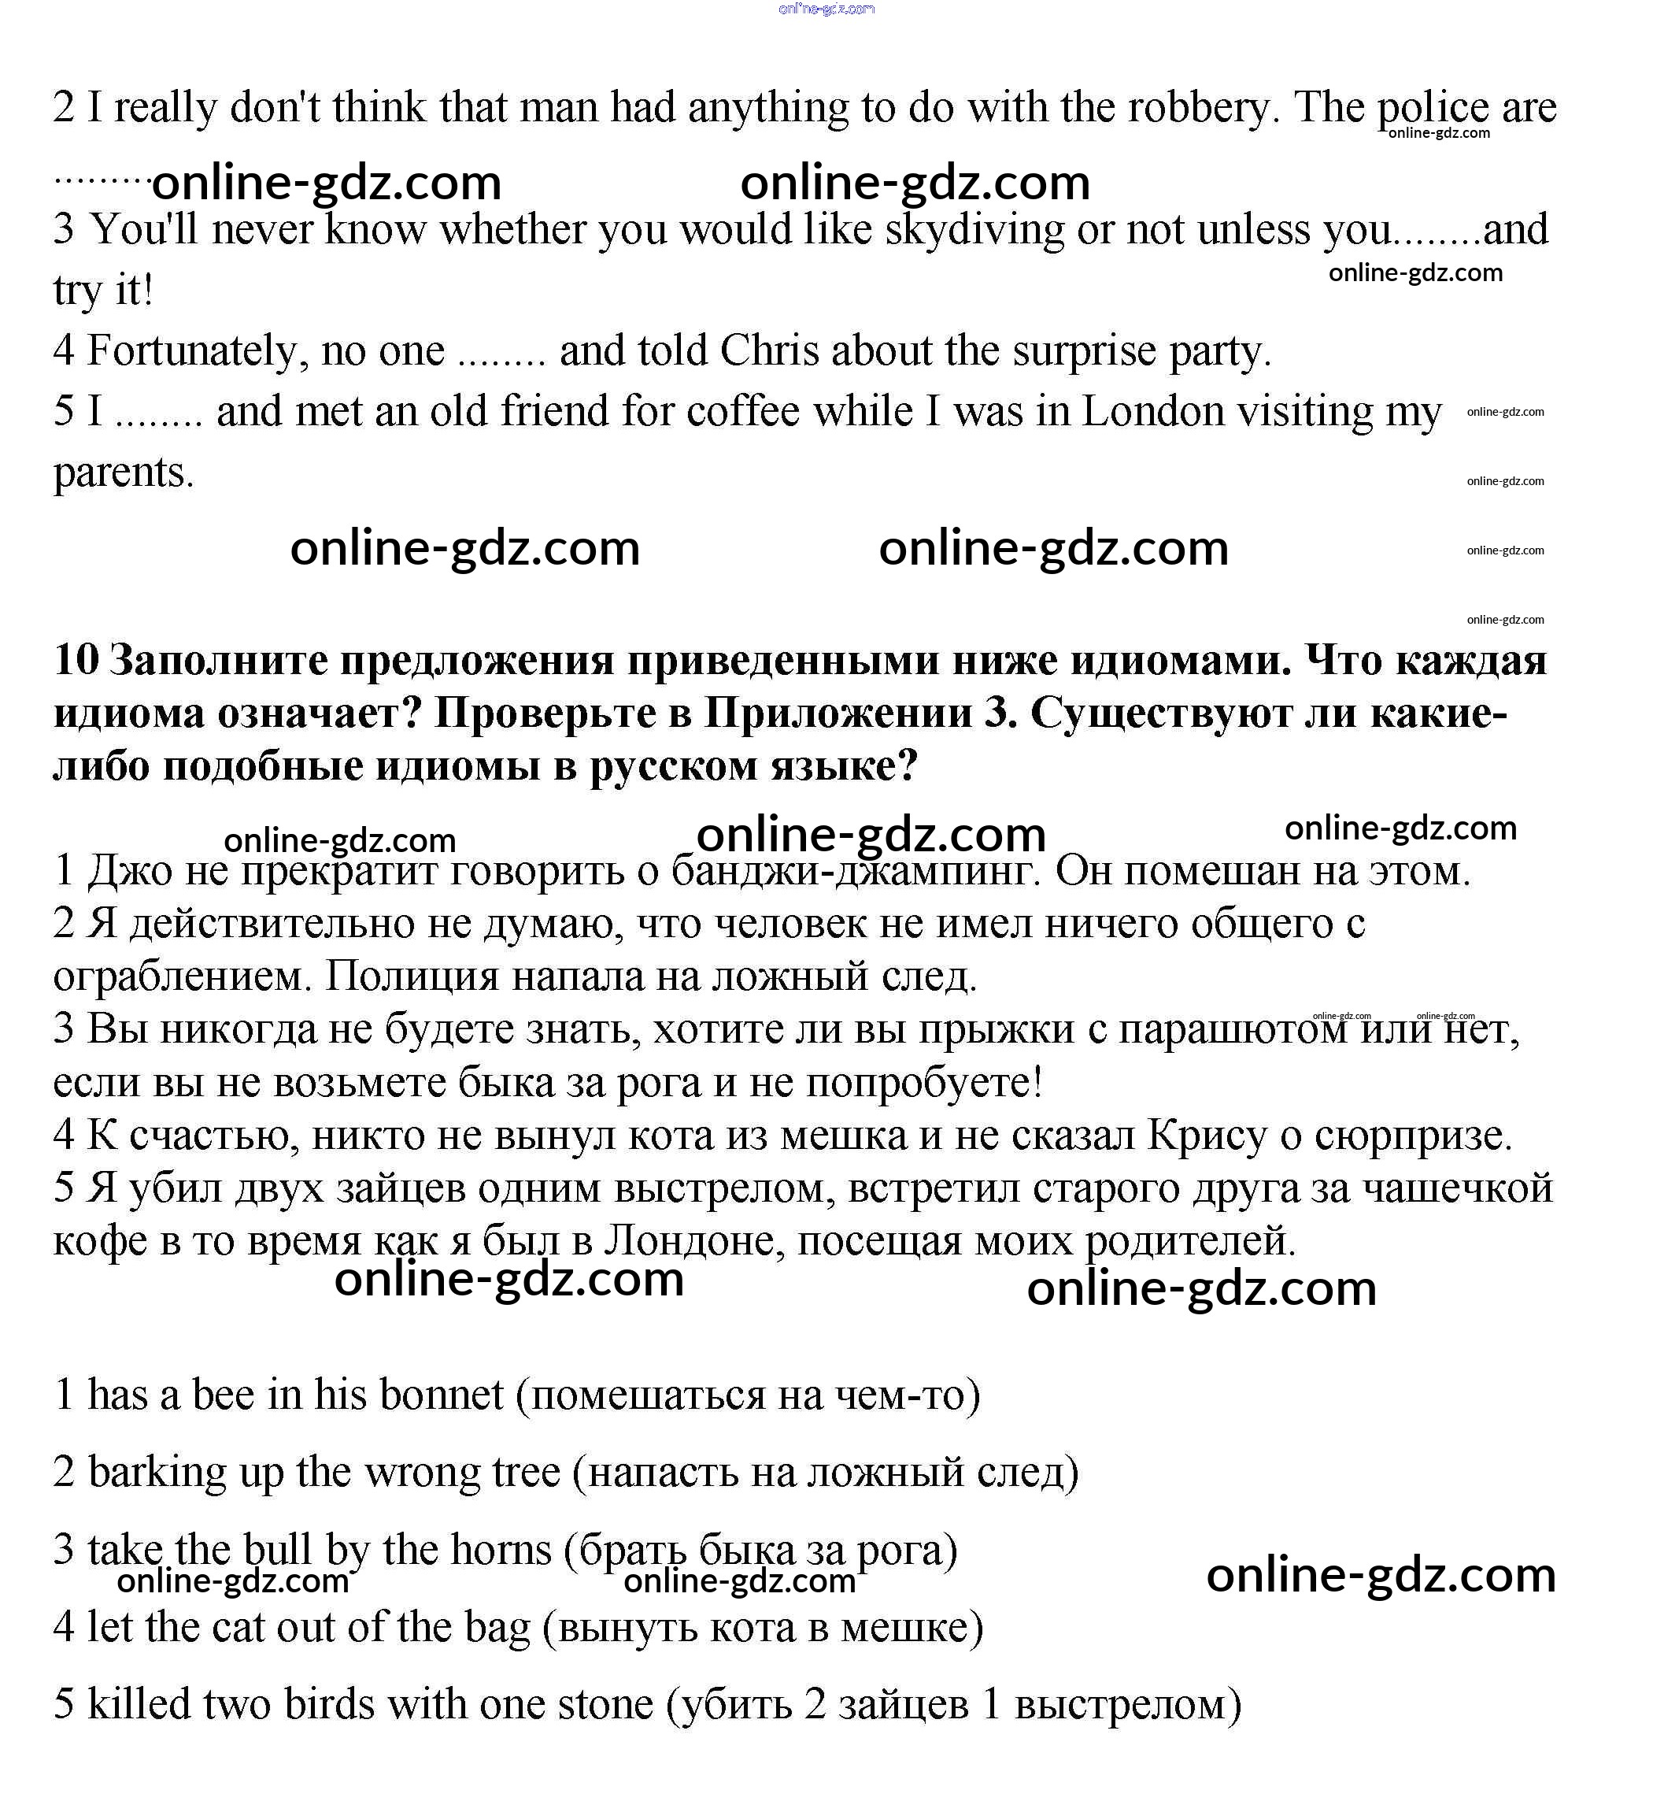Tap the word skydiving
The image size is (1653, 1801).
pos(974,230)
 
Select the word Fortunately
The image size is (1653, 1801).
pos(189,350)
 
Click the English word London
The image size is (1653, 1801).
pos(1153,412)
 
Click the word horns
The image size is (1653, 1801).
pos(501,1551)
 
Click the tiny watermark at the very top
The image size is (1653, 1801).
pos(826,9)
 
